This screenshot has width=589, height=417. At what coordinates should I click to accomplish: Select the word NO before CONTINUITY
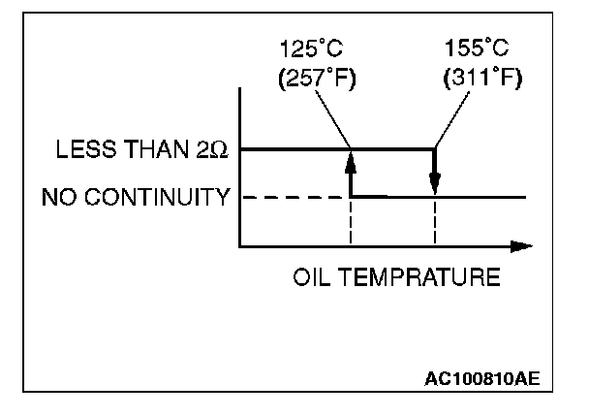pyautogui.click(x=56, y=198)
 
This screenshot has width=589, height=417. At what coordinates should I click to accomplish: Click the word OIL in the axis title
pyautogui.click(x=308, y=278)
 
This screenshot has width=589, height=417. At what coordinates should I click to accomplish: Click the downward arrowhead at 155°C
pyautogui.click(x=435, y=184)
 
